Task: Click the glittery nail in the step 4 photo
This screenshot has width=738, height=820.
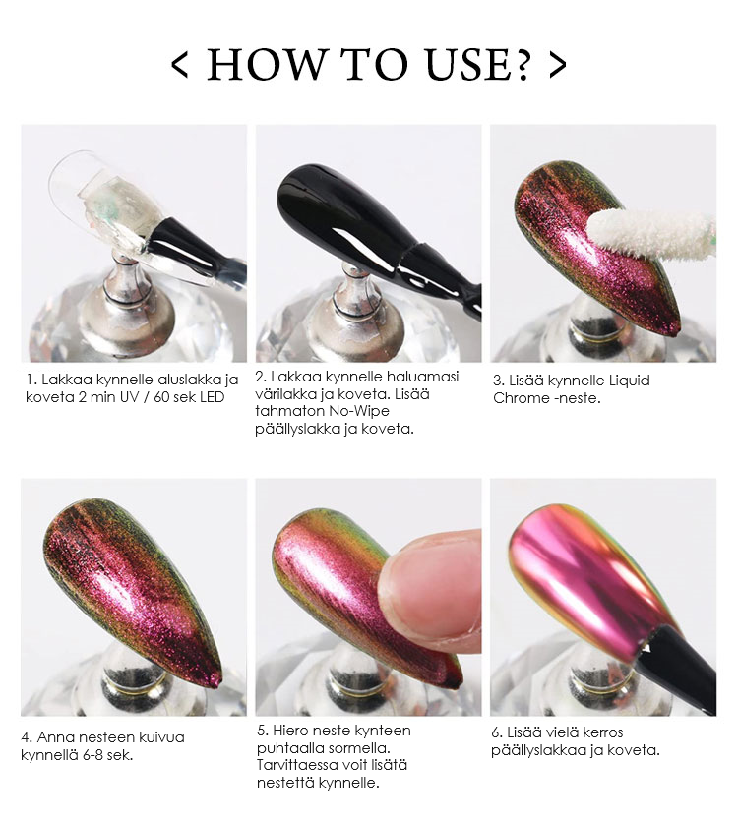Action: tap(128, 580)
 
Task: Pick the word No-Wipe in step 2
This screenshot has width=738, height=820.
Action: tap(365, 411)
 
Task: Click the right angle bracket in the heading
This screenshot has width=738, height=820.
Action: tap(558, 65)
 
